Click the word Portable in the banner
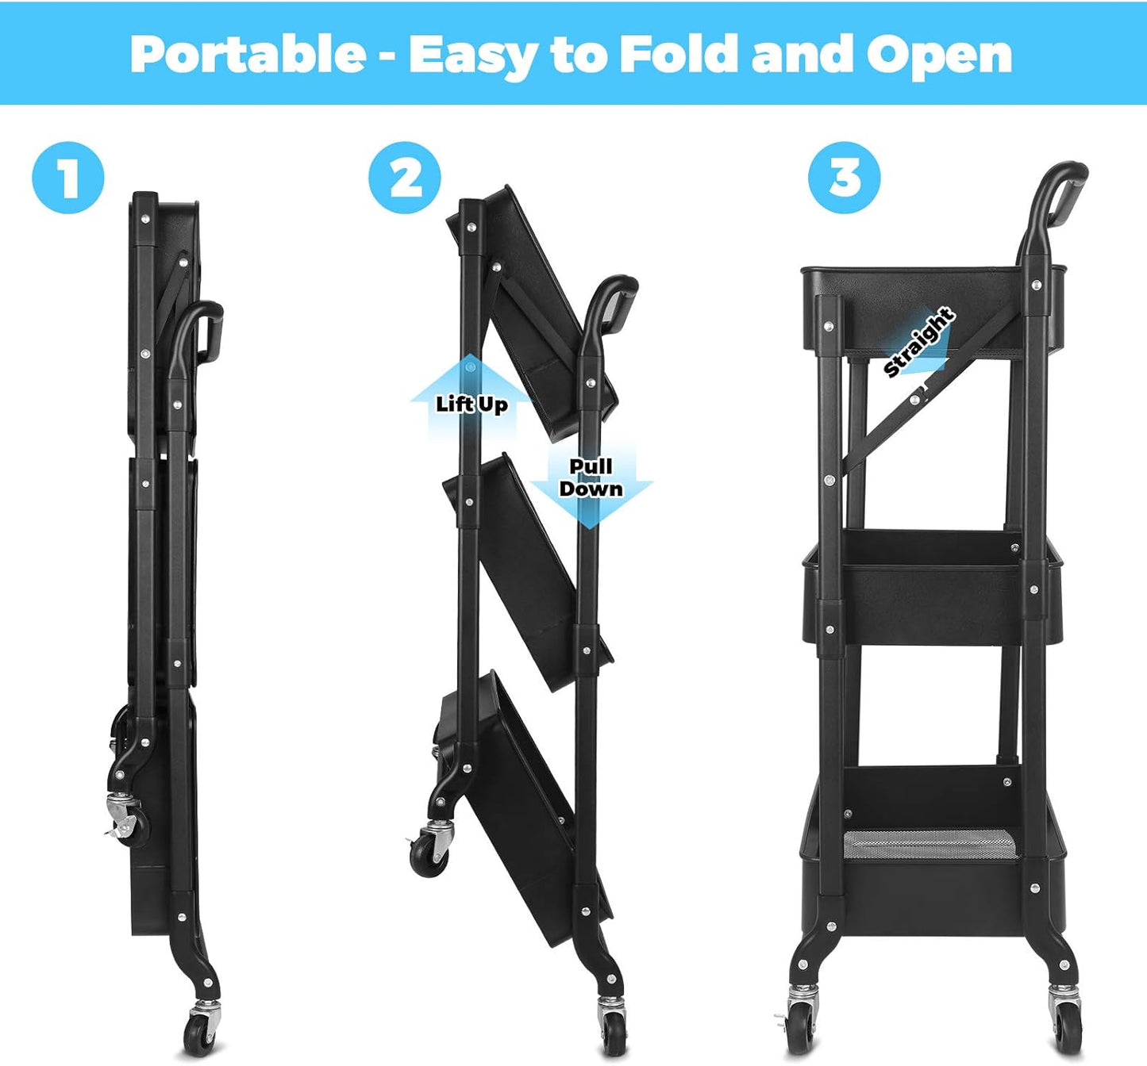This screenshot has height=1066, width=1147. point(248,54)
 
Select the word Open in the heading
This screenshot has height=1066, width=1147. point(938,56)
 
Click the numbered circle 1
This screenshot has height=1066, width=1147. point(68,177)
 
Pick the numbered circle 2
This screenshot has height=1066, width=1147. point(405,177)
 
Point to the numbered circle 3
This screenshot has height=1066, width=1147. point(844,177)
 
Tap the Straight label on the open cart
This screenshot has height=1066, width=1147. point(918,343)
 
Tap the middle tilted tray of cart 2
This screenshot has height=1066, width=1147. point(532,571)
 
